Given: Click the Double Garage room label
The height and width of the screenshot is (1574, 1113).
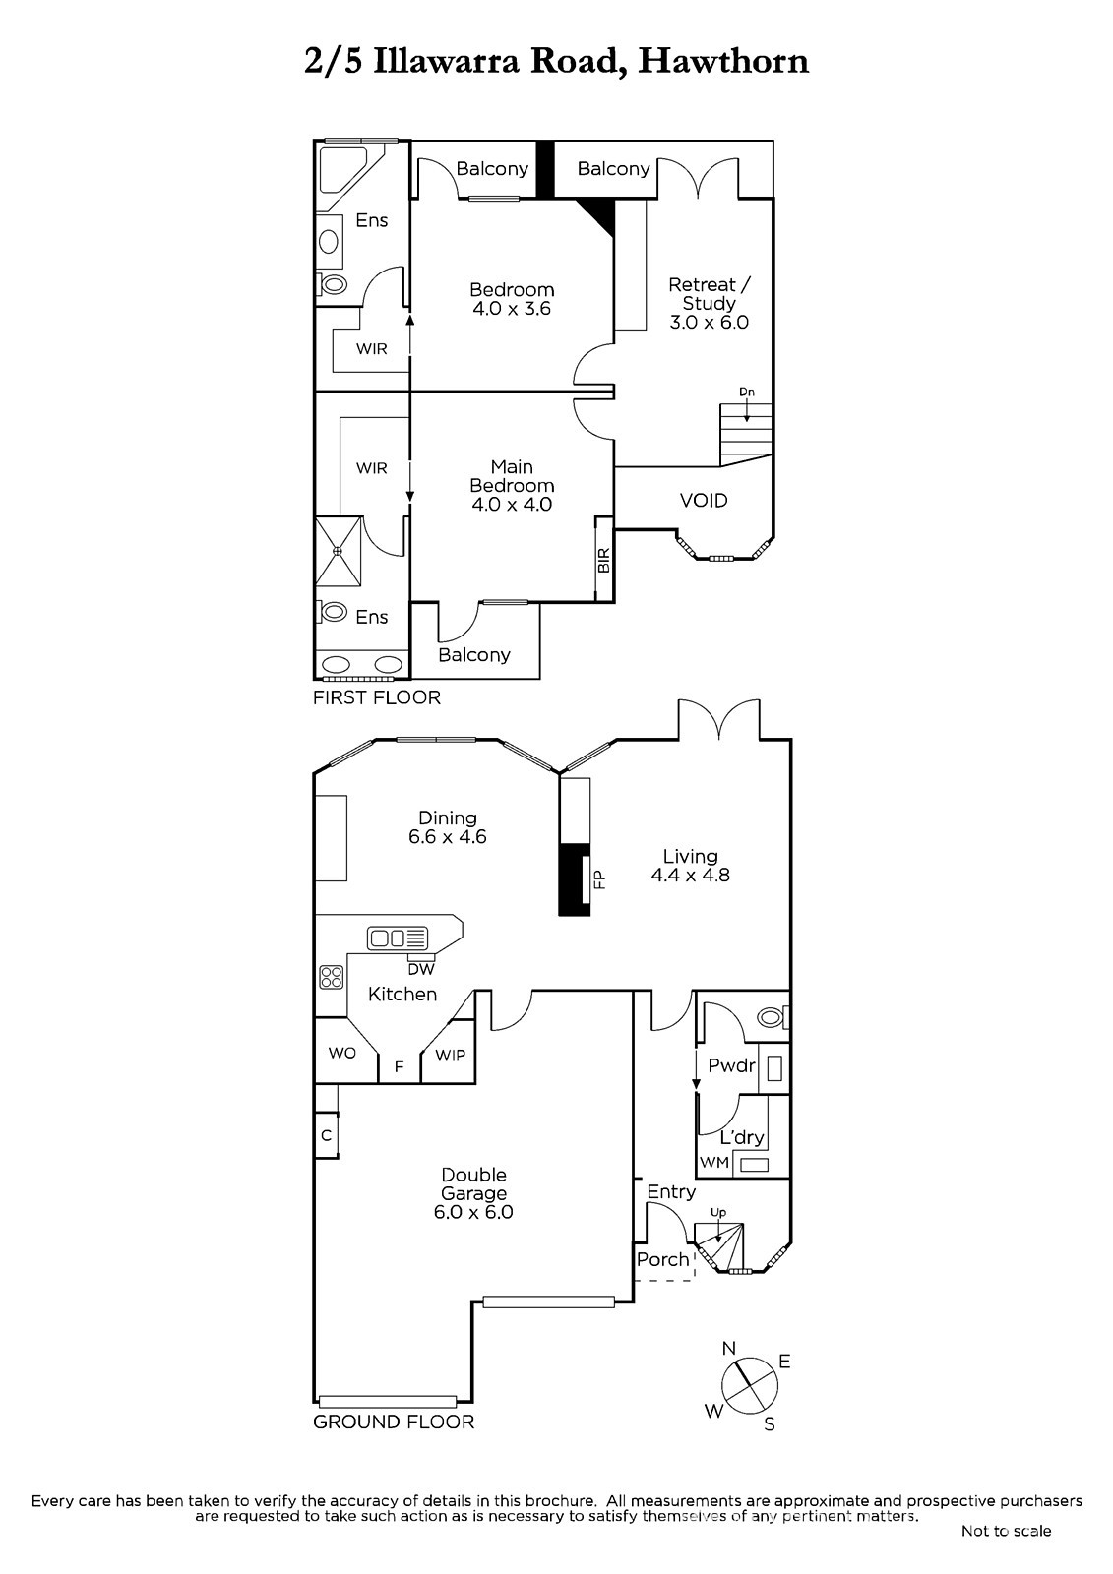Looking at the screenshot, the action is pyautogui.click(x=473, y=1193).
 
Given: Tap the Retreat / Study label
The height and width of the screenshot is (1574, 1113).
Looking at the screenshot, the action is pyautogui.click(x=709, y=304).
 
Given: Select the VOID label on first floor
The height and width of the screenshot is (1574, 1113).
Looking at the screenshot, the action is pyautogui.click(x=703, y=501).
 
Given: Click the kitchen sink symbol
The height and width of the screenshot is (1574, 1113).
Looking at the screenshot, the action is pyautogui.click(x=398, y=938).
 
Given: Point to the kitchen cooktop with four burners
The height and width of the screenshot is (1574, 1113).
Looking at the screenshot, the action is pyautogui.click(x=332, y=977).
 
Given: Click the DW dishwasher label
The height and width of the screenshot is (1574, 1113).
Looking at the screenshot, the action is pyautogui.click(x=421, y=969).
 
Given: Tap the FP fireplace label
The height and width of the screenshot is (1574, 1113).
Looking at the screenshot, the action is pyautogui.click(x=599, y=880).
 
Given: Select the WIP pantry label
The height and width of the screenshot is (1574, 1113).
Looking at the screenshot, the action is pyautogui.click(x=450, y=1055).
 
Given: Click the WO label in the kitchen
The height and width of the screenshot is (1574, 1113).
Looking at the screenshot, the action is pyautogui.click(x=341, y=1053).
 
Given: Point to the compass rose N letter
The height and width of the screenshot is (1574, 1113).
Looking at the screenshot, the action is pyautogui.click(x=728, y=1348).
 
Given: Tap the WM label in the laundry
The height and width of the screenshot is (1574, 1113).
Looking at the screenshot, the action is pyautogui.click(x=714, y=1162).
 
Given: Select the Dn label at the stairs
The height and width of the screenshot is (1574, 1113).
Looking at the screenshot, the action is pyautogui.click(x=747, y=393).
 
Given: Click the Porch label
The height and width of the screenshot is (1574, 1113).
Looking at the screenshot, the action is pyautogui.click(x=662, y=1259).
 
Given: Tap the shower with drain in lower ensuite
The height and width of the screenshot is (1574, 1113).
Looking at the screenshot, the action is pyautogui.click(x=339, y=552).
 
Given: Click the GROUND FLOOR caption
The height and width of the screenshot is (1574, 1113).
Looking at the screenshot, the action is pyautogui.click(x=394, y=1422).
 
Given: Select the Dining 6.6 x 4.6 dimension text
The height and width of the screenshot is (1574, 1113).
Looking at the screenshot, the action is pyautogui.click(x=447, y=836).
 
